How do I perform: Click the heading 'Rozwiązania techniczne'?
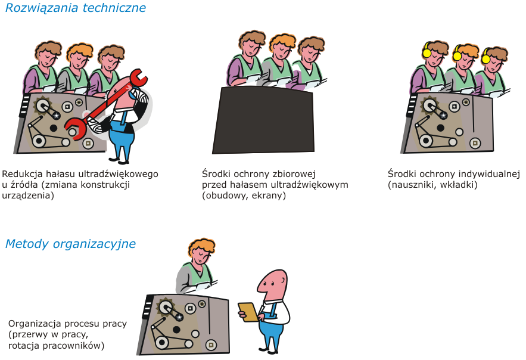[76, 8]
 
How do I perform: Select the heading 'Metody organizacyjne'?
[70, 244]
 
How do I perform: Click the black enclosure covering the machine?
[263, 120]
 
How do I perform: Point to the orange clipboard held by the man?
[248, 312]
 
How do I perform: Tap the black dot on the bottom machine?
[177, 330]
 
